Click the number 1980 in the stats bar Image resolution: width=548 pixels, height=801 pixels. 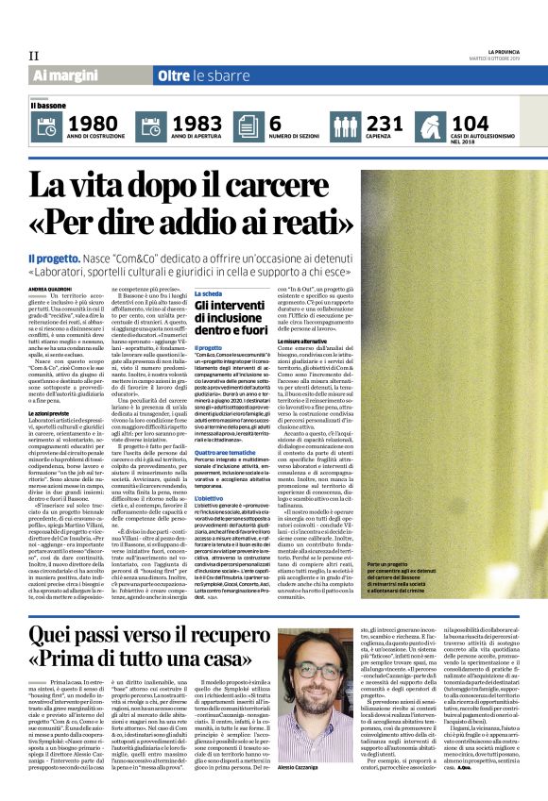click(94, 123)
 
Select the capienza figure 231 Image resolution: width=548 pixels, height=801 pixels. click(385, 123)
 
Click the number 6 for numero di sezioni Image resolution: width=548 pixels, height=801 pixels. click(276, 123)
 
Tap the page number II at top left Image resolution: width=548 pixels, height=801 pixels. click(33, 55)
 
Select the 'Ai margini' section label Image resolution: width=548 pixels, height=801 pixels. click(65, 75)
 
